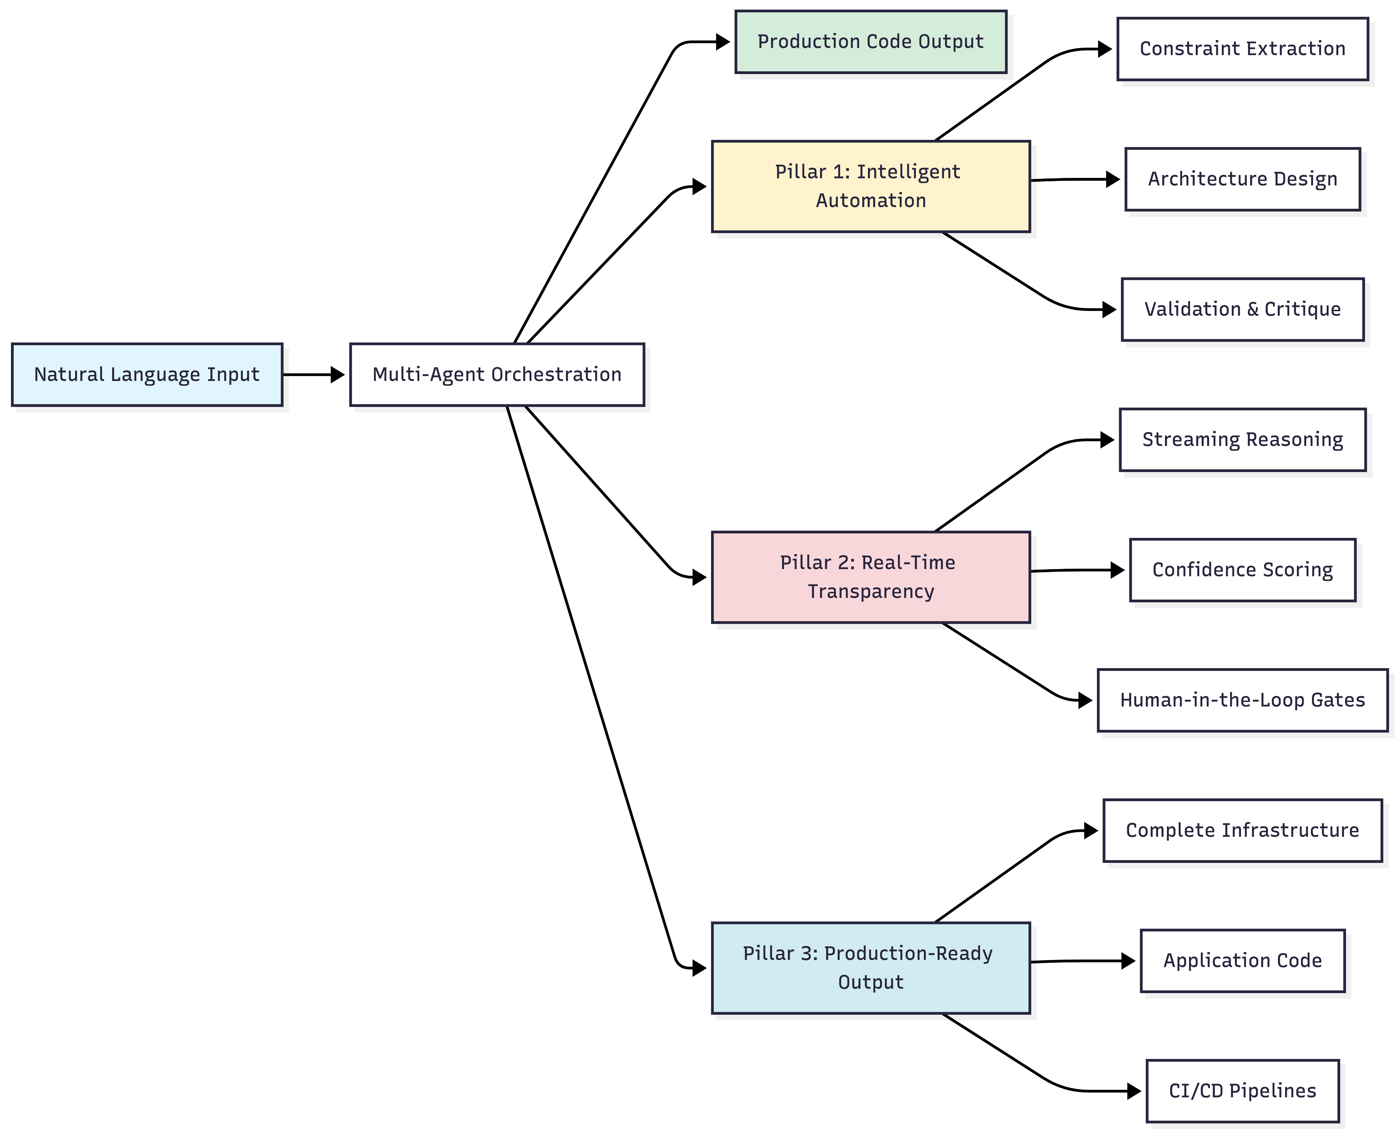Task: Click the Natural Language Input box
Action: click(x=147, y=375)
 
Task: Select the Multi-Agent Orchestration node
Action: click(x=497, y=375)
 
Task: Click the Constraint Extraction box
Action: click(x=1242, y=49)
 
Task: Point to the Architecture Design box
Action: click(x=1242, y=179)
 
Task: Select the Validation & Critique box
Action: click(x=1242, y=309)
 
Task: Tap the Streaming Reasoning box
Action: click(x=1242, y=440)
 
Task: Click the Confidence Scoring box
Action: click(x=1242, y=570)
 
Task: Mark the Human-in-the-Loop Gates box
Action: click(x=1242, y=700)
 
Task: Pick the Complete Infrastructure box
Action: click(x=1242, y=830)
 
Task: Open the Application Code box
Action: click(x=1242, y=961)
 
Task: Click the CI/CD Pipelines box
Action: click(x=1242, y=1090)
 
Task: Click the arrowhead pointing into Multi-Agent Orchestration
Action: click(x=337, y=375)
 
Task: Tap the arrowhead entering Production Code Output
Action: click(x=723, y=42)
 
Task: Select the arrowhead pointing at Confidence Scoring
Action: click(x=1117, y=570)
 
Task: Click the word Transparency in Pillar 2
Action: click(x=871, y=591)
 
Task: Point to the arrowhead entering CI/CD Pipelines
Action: click(x=1134, y=1090)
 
